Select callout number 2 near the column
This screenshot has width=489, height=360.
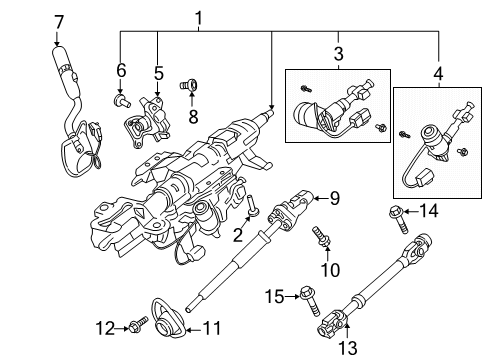[236, 234]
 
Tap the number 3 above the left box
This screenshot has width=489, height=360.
[338, 53]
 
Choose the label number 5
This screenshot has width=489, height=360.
[157, 73]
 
